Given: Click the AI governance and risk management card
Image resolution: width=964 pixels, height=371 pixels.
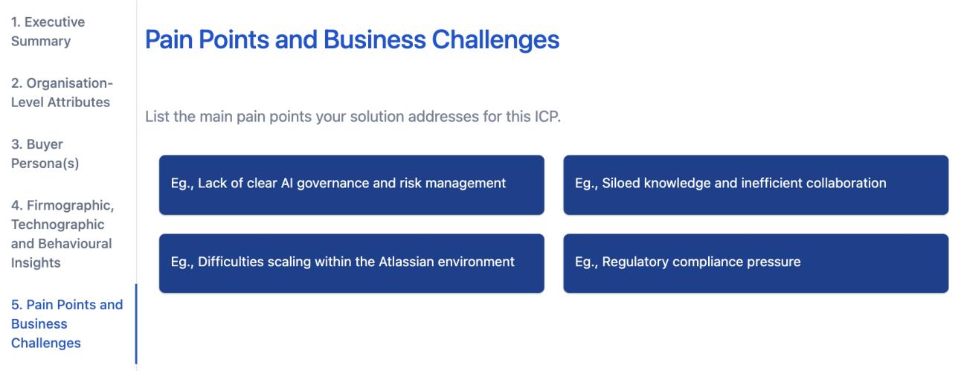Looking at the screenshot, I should pos(351,184).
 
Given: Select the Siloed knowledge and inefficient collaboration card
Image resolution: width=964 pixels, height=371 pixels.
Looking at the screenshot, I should pos(756,184).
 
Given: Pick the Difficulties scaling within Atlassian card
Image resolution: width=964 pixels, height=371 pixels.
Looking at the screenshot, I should pos(351,262).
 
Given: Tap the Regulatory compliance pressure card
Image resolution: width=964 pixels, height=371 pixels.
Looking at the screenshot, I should pos(756,262).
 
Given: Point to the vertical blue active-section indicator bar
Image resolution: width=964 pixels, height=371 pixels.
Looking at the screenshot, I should pos(136,323).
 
